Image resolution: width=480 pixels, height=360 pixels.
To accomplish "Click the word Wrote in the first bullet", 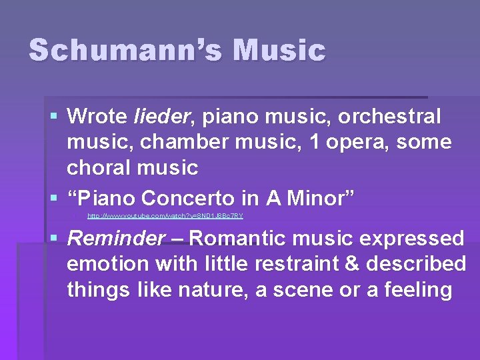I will coord(97,117).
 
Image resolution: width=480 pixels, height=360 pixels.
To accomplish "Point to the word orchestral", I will coord(390,117).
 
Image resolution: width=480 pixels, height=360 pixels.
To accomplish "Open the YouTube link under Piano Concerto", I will coord(165,216).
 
